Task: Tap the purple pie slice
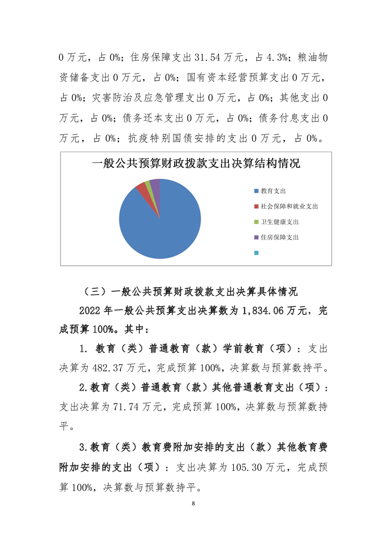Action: click(x=155, y=182)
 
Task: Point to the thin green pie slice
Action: click(x=147, y=183)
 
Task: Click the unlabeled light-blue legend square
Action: click(x=256, y=253)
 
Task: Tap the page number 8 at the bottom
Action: click(x=193, y=503)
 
